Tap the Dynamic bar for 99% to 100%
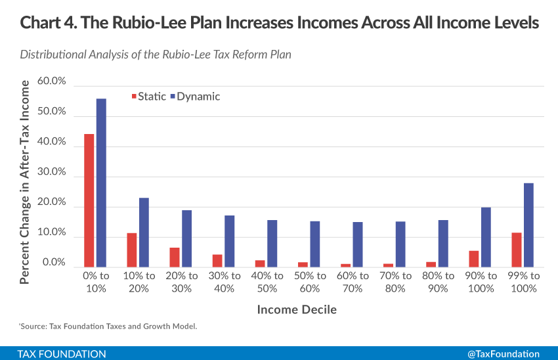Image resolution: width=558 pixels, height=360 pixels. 528,225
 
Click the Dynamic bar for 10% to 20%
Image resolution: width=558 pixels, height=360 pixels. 144,233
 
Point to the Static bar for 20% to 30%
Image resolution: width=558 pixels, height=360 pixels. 174,258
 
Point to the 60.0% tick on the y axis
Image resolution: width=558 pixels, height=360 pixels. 52,81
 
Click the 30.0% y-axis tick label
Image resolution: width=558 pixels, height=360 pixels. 52,172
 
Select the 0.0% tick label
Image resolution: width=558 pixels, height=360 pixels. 54,263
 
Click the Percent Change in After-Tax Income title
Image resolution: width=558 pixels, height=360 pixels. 25,182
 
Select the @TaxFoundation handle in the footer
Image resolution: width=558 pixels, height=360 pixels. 503,353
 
